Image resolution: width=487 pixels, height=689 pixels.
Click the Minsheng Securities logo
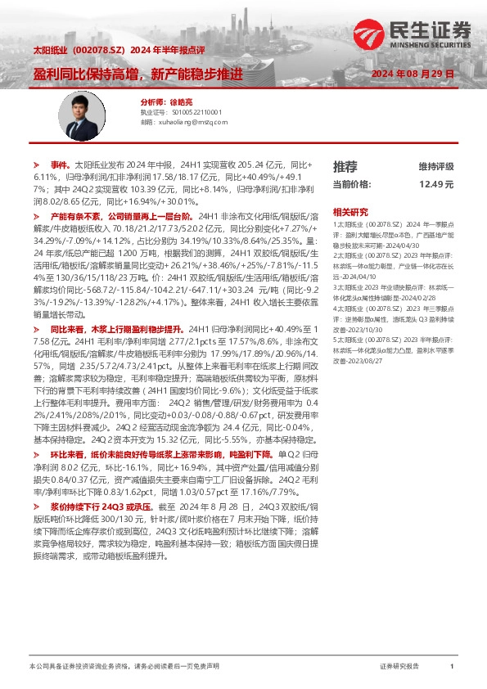[413, 33]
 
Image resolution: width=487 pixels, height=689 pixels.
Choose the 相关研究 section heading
[349, 210]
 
